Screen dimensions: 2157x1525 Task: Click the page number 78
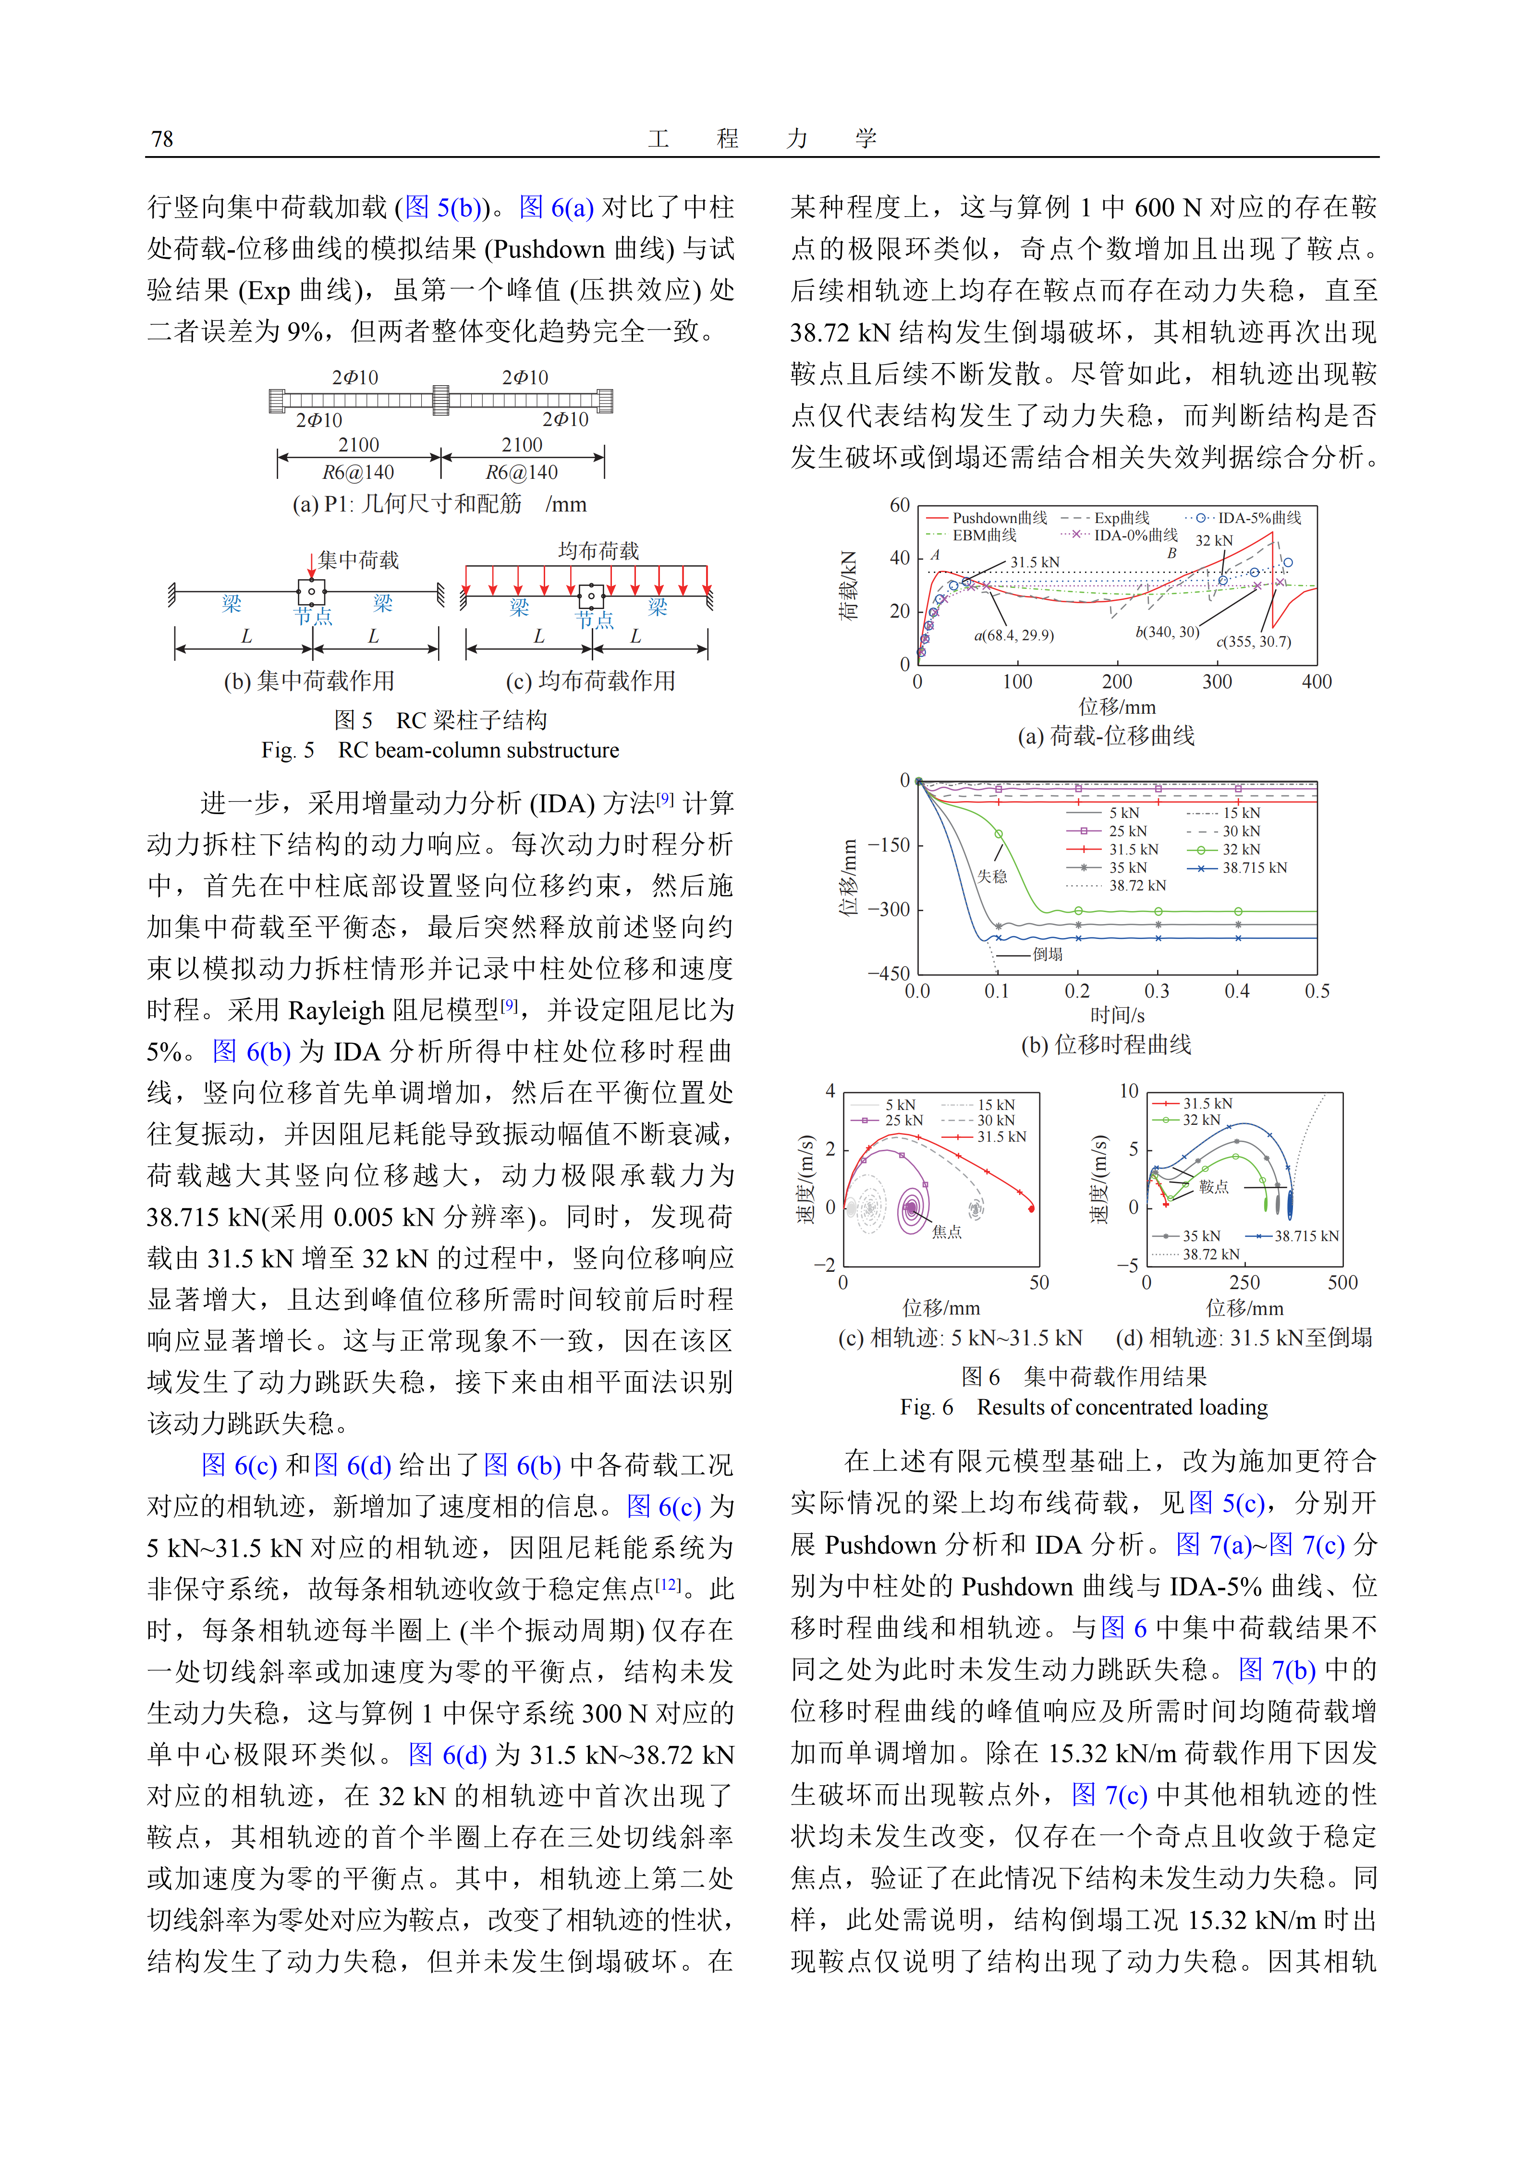161,140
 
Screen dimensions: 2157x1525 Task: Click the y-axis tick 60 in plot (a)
899,505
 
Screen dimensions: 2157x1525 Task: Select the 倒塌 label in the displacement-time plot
1048,954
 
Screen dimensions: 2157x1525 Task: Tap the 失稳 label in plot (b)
991,877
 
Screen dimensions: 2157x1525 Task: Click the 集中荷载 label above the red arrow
358,561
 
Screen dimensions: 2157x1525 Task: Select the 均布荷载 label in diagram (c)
598,551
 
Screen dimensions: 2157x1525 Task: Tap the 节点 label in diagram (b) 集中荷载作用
313,617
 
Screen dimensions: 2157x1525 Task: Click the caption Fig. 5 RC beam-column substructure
440,751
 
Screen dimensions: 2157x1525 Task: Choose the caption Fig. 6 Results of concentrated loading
1084,1407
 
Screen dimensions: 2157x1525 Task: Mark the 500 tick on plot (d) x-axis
1342,1283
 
